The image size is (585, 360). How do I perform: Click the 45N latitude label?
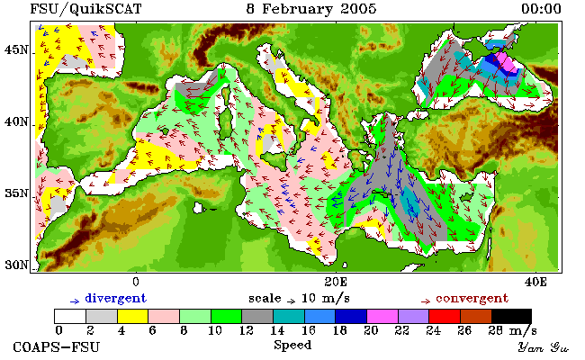click(16, 49)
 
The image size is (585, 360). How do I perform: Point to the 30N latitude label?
click(16, 265)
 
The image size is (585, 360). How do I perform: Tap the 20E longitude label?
click(336, 282)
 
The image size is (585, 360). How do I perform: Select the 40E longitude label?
click(535, 282)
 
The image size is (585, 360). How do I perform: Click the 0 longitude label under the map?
click(136, 282)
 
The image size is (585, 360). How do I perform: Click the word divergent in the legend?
click(116, 298)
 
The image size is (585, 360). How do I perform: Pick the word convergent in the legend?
click(472, 298)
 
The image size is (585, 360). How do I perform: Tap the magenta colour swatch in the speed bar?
click(382, 316)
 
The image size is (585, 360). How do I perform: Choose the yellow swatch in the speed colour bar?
click(132, 316)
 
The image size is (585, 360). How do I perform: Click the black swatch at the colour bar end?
click(511, 316)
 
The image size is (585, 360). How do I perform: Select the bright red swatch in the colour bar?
click(445, 316)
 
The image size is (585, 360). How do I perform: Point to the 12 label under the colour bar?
click(247, 330)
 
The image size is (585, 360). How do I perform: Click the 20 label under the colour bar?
click(371, 330)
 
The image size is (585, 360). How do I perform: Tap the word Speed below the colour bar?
click(292, 345)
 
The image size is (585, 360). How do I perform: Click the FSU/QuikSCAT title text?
click(85, 9)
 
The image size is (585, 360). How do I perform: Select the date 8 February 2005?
click(311, 9)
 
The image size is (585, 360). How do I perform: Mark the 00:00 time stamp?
click(541, 9)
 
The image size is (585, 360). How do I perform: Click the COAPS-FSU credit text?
click(57, 346)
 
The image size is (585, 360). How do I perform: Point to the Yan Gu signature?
click(544, 347)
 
